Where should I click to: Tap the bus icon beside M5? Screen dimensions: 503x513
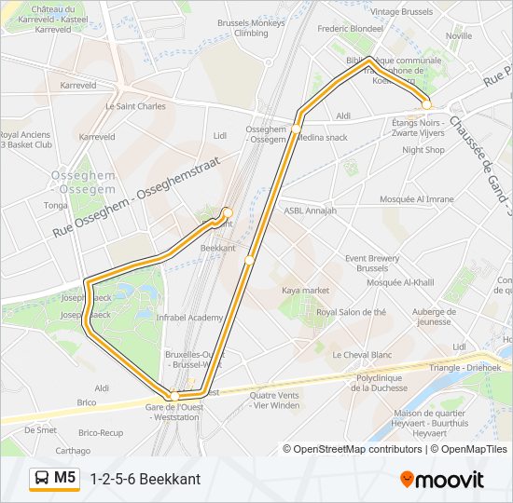43,478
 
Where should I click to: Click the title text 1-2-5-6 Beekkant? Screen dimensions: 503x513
145,479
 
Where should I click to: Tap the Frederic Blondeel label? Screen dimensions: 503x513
351,29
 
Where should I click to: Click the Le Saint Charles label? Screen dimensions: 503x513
135,106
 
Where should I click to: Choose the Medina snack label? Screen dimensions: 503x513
324,137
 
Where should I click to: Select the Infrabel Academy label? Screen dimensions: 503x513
189,318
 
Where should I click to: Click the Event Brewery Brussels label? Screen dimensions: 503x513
372,263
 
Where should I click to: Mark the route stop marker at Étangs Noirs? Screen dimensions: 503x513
426,103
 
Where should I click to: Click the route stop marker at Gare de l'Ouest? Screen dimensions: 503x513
174,397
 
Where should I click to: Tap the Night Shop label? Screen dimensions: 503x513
423,150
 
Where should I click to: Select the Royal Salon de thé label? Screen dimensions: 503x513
351,313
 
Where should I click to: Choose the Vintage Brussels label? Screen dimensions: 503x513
402,12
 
